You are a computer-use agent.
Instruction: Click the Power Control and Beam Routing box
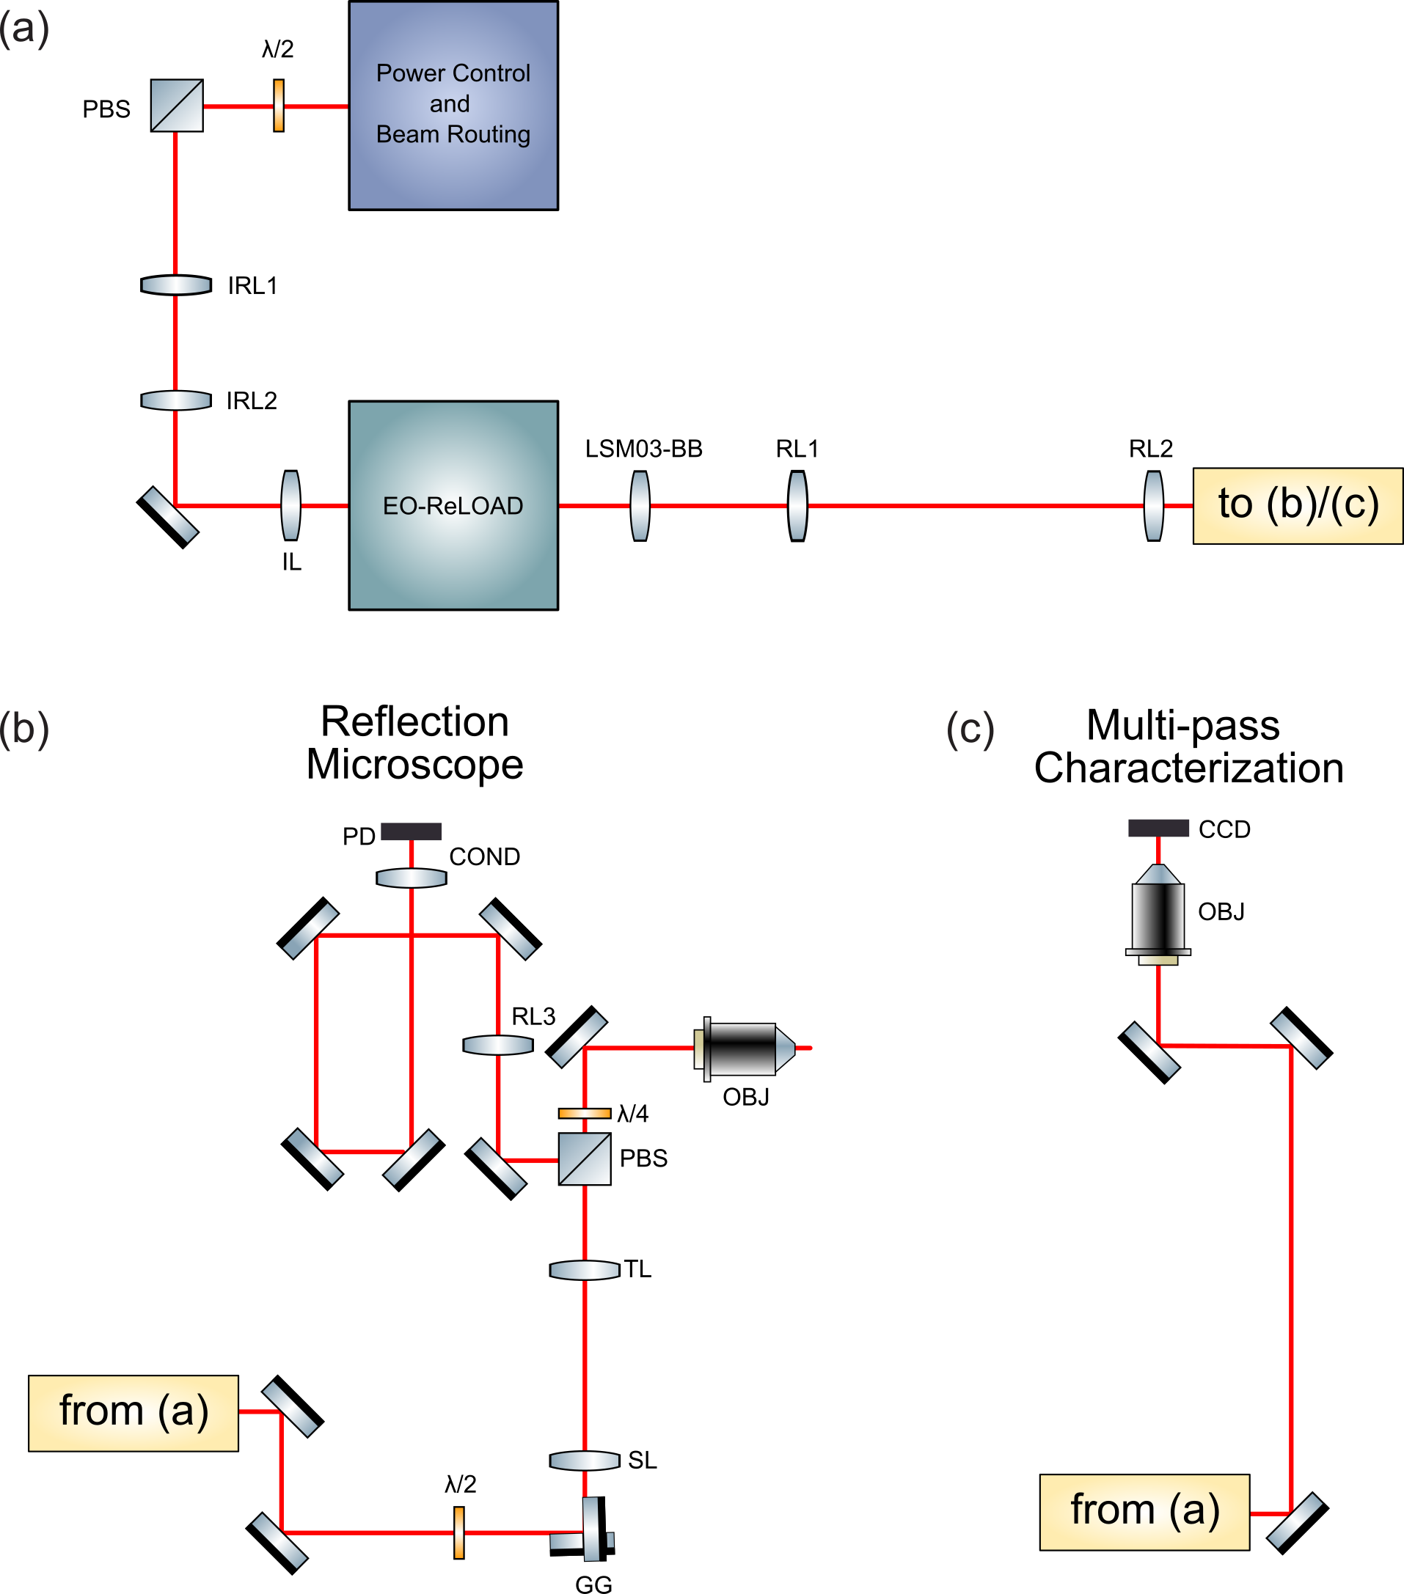tap(453, 106)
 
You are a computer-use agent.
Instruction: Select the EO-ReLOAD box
tap(453, 505)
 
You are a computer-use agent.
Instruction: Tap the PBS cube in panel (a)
tap(177, 106)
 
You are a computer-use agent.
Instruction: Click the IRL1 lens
tap(176, 284)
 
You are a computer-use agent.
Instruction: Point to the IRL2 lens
tap(176, 400)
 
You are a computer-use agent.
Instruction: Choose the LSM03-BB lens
tap(640, 505)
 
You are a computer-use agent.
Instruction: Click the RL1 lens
tap(797, 505)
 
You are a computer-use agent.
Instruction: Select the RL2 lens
tap(1153, 505)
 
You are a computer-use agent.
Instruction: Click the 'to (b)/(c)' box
tap(1297, 505)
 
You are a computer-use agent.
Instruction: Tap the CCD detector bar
tap(1158, 829)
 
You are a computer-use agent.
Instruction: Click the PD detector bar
tap(411, 831)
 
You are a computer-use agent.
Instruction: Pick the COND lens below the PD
tap(411, 878)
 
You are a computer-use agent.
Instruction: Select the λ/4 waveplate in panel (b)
tap(584, 1114)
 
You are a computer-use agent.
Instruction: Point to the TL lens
tap(584, 1271)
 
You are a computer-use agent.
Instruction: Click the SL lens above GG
tap(584, 1460)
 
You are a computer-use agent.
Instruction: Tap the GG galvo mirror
tap(593, 1530)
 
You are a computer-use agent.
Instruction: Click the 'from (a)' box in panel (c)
tap(1144, 1512)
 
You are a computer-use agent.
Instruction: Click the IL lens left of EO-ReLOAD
tap(290, 505)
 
